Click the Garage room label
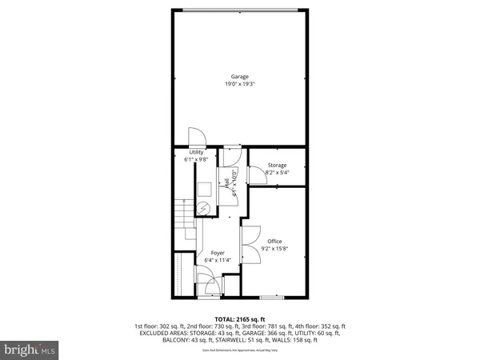[239, 76]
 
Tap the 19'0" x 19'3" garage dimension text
[239, 83]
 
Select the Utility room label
[196, 152]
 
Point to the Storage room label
[277, 165]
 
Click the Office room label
[274, 241]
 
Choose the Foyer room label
[217, 253]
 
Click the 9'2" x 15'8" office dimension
[274, 248]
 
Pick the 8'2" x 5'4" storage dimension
[277, 172]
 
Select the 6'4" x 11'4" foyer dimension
[217, 260]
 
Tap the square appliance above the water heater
[204, 188]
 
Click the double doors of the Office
[248, 237]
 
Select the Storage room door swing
[254, 170]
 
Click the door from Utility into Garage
[196, 138]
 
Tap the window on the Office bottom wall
[272, 297]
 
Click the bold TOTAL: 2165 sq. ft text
[239, 318]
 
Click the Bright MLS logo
[31, 350]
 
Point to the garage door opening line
[239, 10]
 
